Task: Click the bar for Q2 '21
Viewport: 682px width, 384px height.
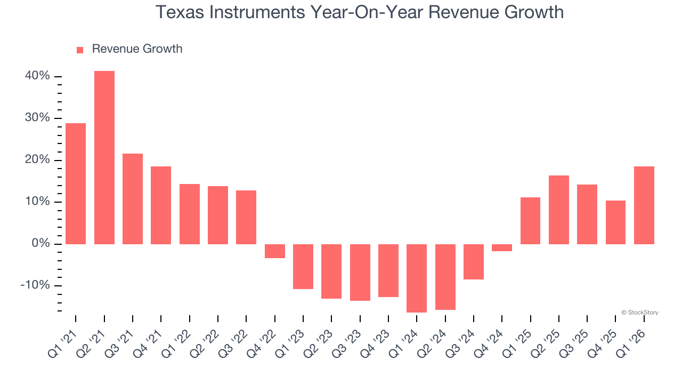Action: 104,157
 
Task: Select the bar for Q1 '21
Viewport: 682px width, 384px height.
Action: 76,183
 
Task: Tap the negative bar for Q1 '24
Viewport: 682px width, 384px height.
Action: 417,278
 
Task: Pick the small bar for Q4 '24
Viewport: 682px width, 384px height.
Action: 502,247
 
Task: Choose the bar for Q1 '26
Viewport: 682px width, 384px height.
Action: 644,205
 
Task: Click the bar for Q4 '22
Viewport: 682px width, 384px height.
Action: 275,251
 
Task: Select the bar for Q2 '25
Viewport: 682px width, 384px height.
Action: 559,210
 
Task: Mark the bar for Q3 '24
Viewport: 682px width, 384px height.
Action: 474,261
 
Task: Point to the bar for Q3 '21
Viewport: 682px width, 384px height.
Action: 133,198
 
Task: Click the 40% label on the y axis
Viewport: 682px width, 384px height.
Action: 37,76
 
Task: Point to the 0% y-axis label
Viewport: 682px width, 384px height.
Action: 40,244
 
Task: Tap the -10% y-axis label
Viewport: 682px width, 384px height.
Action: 35,285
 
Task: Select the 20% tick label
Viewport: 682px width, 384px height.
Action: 37,160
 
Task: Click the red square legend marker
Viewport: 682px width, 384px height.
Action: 80,50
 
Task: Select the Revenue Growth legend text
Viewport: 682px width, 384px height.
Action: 137,49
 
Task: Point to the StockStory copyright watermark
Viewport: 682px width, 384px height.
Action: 639,313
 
